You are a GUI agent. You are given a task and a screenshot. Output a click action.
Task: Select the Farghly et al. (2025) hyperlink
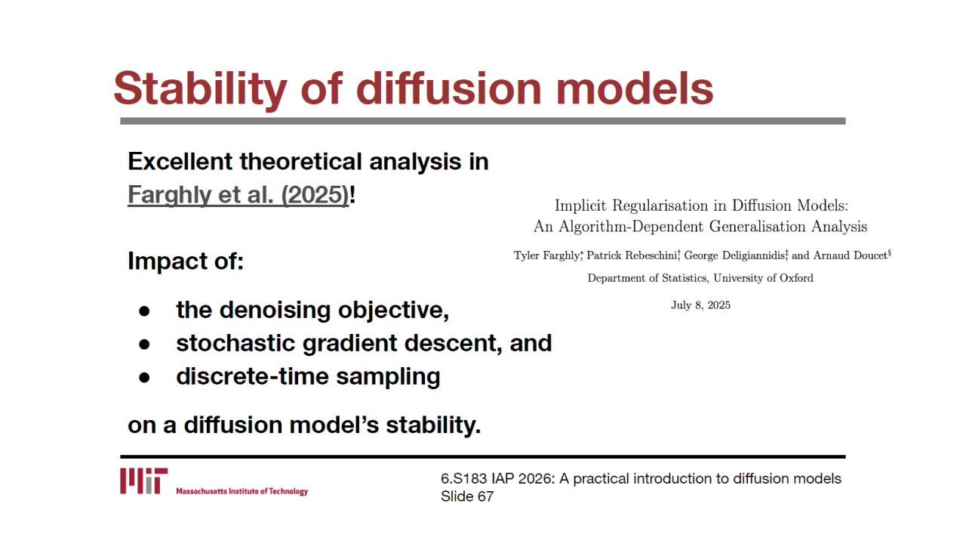tap(238, 195)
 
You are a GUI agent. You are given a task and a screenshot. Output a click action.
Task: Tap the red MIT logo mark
tap(143, 481)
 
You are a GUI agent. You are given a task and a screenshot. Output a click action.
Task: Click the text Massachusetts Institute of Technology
tap(242, 491)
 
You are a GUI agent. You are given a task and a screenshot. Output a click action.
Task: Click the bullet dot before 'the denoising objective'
tap(144, 311)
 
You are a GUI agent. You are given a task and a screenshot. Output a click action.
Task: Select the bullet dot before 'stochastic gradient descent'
tap(144, 344)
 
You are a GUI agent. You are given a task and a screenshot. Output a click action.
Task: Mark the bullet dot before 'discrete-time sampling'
tap(144, 377)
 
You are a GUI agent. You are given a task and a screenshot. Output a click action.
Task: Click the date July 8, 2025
tap(701, 305)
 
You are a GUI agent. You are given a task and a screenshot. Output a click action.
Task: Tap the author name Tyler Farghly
tap(546, 255)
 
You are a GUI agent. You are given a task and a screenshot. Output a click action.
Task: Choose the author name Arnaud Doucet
tap(850, 255)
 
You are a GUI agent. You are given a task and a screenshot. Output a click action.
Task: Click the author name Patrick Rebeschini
tap(632, 255)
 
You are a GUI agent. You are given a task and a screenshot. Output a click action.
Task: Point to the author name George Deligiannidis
tap(734, 255)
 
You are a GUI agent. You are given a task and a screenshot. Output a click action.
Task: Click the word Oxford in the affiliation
tap(796, 278)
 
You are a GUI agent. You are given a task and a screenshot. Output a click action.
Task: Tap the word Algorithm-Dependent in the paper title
tap(631, 227)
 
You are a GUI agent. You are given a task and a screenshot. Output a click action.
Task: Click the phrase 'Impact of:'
tap(186, 261)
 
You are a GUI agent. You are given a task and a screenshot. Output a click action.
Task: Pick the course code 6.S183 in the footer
tap(463, 479)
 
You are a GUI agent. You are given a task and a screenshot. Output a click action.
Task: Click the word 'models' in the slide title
tap(635, 89)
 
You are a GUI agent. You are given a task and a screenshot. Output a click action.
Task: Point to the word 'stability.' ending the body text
tap(433, 425)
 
